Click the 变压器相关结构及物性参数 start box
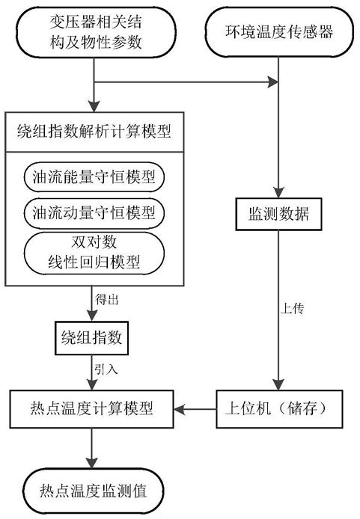(96, 32)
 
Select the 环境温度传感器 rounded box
(279, 32)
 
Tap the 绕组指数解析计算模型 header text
(94, 132)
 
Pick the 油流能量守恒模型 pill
(94, 176)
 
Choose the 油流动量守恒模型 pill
(94, 212)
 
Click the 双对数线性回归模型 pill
(94, 254)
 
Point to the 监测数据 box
(278, 214)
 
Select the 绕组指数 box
(91, 337)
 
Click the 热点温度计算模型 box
(91, 409)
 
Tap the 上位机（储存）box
(279, 409)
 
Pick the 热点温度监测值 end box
(94, 491)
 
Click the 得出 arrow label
(106, 300)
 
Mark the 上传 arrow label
(292, 308)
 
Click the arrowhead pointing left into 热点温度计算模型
(179, 409)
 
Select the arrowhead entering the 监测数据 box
(278, 193)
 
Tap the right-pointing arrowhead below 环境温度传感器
(273, 82)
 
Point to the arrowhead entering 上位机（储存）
(278, 384)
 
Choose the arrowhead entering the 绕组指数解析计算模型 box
(94, 107)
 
